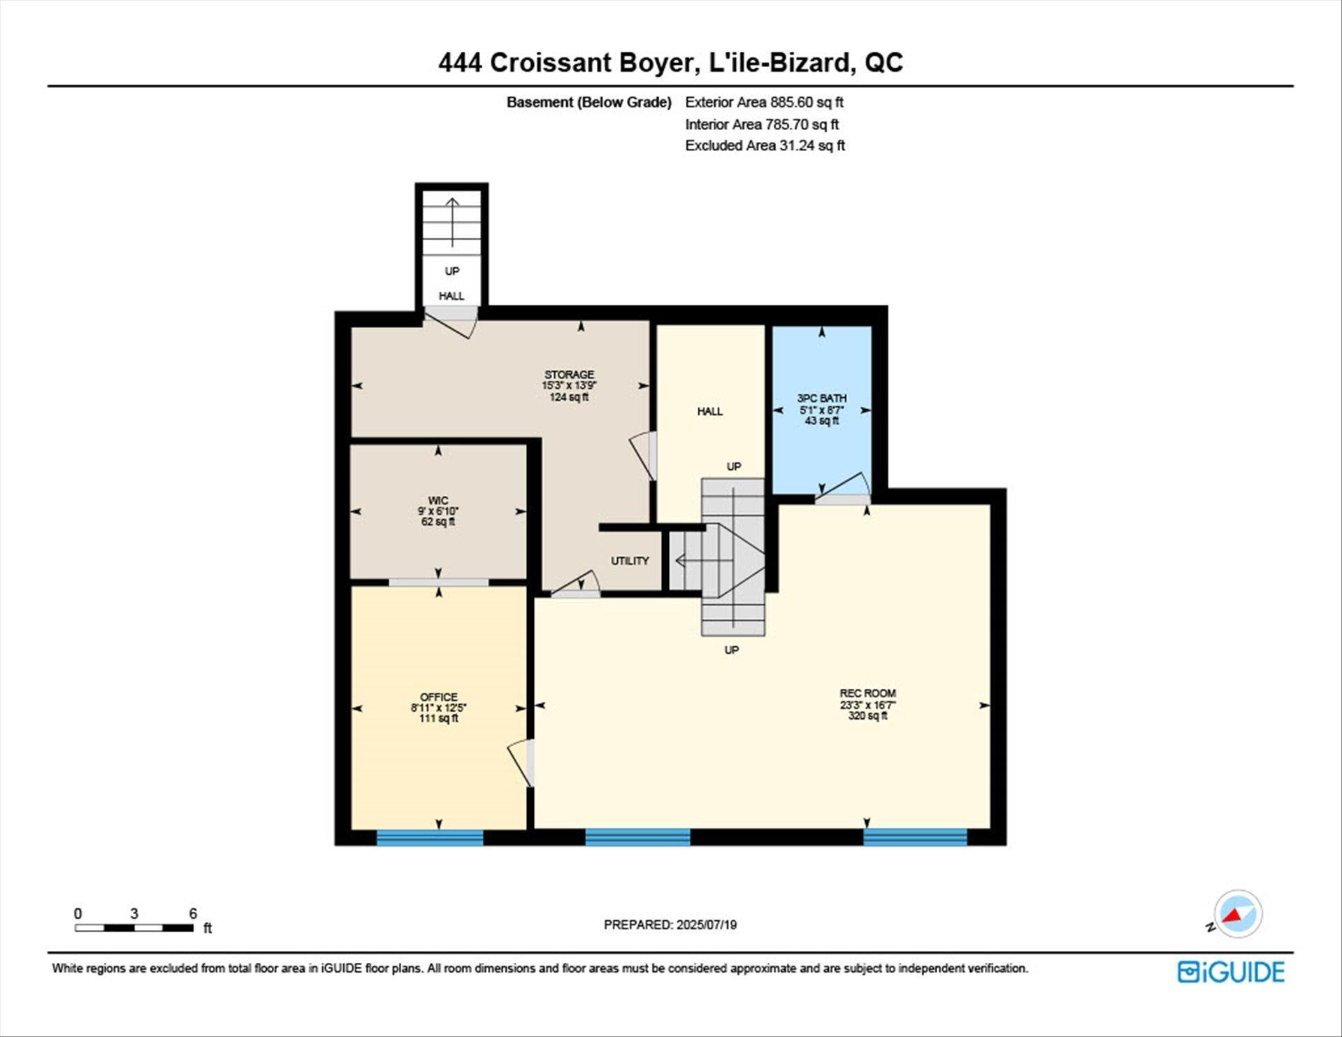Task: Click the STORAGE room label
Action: point(569,375)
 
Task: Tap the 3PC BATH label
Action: point(822,398)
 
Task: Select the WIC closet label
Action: point(438,500)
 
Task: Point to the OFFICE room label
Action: point(439,697)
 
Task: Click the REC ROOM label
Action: point(868,694)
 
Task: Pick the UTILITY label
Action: point(630,561)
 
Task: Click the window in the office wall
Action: point(430,837)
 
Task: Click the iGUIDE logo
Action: point(1231,972)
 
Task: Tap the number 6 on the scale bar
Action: point(193,913)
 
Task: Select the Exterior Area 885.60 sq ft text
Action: point(764,102)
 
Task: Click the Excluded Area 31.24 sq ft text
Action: point(765,145)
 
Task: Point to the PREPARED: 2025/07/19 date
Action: point(670,924)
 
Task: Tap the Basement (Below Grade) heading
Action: point(589,102)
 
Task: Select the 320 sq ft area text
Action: point(868,716)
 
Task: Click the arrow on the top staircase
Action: point(452,222)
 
